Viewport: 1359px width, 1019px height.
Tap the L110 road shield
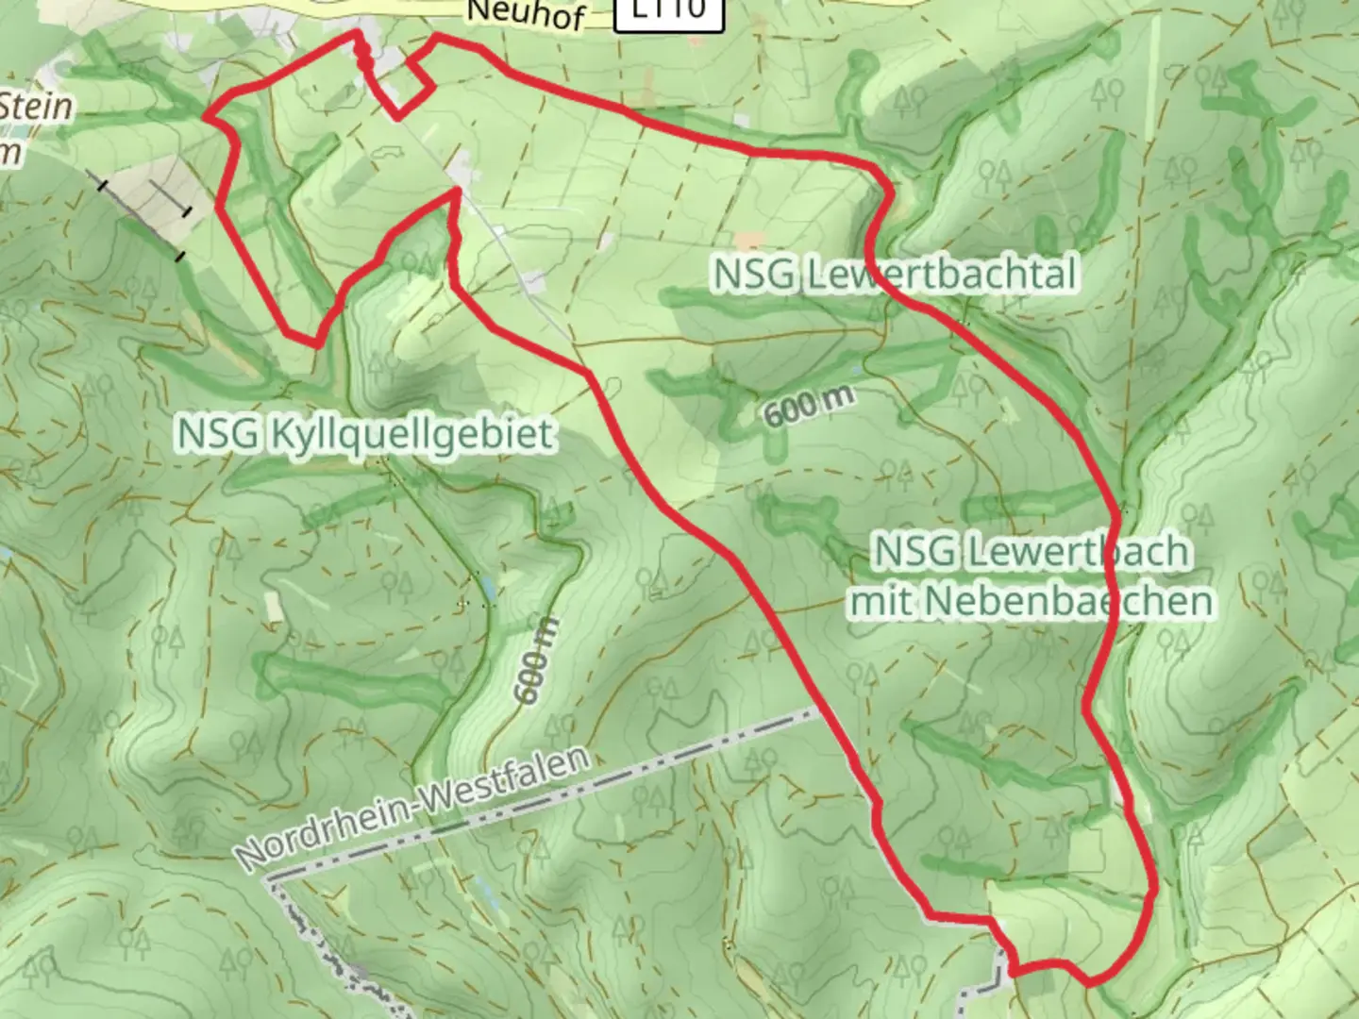point(669,11)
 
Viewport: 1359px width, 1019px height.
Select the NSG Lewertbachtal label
point(894,275)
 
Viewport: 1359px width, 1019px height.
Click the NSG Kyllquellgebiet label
point(364,434)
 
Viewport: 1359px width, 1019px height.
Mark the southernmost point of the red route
point(1091,983)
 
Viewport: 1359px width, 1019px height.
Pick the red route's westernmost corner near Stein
point(208,117)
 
